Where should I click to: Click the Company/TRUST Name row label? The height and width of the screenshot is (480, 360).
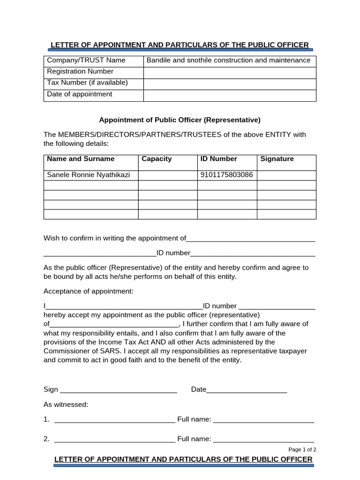point(86,60)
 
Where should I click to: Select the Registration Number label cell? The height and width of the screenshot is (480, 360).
point(80,71)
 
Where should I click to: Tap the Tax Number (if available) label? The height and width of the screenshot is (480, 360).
point(87,82)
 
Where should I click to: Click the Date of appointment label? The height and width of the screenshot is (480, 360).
point(80,94)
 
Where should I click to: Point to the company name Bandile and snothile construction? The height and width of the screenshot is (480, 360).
point(228,60)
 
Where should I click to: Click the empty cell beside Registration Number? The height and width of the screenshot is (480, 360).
point(229,72)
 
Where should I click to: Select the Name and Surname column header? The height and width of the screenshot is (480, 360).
point(81,159)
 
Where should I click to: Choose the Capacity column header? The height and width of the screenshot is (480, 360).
point(157,159)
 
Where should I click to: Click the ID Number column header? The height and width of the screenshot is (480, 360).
point(218,159)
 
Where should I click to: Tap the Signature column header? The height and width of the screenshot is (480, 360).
point(277,159)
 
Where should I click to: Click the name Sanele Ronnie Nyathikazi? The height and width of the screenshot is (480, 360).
point(89,175)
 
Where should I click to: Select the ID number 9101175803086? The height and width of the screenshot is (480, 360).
point(226,175)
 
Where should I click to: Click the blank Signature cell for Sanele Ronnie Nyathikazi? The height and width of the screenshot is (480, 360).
point(286,175)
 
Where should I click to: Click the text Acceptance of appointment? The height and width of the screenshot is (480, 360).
point(89,291)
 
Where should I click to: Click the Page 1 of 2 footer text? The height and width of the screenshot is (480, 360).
point(302,450)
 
